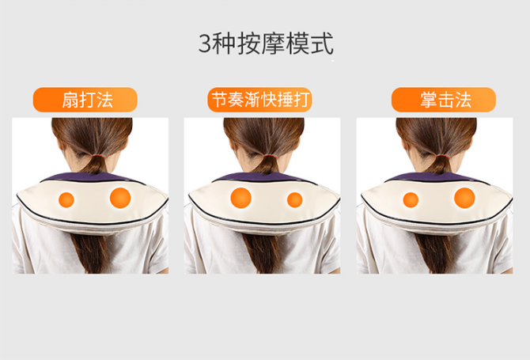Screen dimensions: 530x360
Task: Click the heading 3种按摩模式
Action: pyautogui.click(x=266, y=44)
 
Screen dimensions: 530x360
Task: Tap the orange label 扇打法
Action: pyautogui.click(x=85, y=100)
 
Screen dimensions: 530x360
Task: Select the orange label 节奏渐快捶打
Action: pyautogui.click(x=259, y=100)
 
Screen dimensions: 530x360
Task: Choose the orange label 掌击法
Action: pyautogui.click(x=444, y=100)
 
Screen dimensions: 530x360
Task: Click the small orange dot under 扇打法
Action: pyautogui.click(x=66, y=199)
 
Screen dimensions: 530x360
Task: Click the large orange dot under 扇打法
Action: pyautogui.click(x=120, y=198)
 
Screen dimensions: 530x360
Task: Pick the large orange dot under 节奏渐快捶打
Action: pyautogui.click(x=241, y=198)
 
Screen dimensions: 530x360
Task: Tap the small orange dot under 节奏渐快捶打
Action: pyautogui.click(x=295, y=199)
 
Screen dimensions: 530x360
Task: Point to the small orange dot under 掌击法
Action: pyautogui.click(x=411, y=199)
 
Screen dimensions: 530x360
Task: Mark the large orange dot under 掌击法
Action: pyautogui.click(x=465, y=198)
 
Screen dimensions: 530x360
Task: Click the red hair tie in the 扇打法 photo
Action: pyautogui.click(x=97, y=156)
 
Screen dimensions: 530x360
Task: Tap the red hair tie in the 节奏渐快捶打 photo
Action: pyautogui.click(x=270, y=156)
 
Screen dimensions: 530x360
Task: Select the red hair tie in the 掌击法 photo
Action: pyautogui.click(x=442, y=156)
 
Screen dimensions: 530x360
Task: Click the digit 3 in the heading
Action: pyautogui.click(x=205, y=44)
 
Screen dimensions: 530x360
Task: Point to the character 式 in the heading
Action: pyautogui.click(x=323, y=44)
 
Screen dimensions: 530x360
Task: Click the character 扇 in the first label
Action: pyautogui.click(x=70, y=100)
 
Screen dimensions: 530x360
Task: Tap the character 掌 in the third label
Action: pyautogui.click(x=429, y=100)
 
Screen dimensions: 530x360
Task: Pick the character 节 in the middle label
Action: pyautogui.click(x=219, y=100)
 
